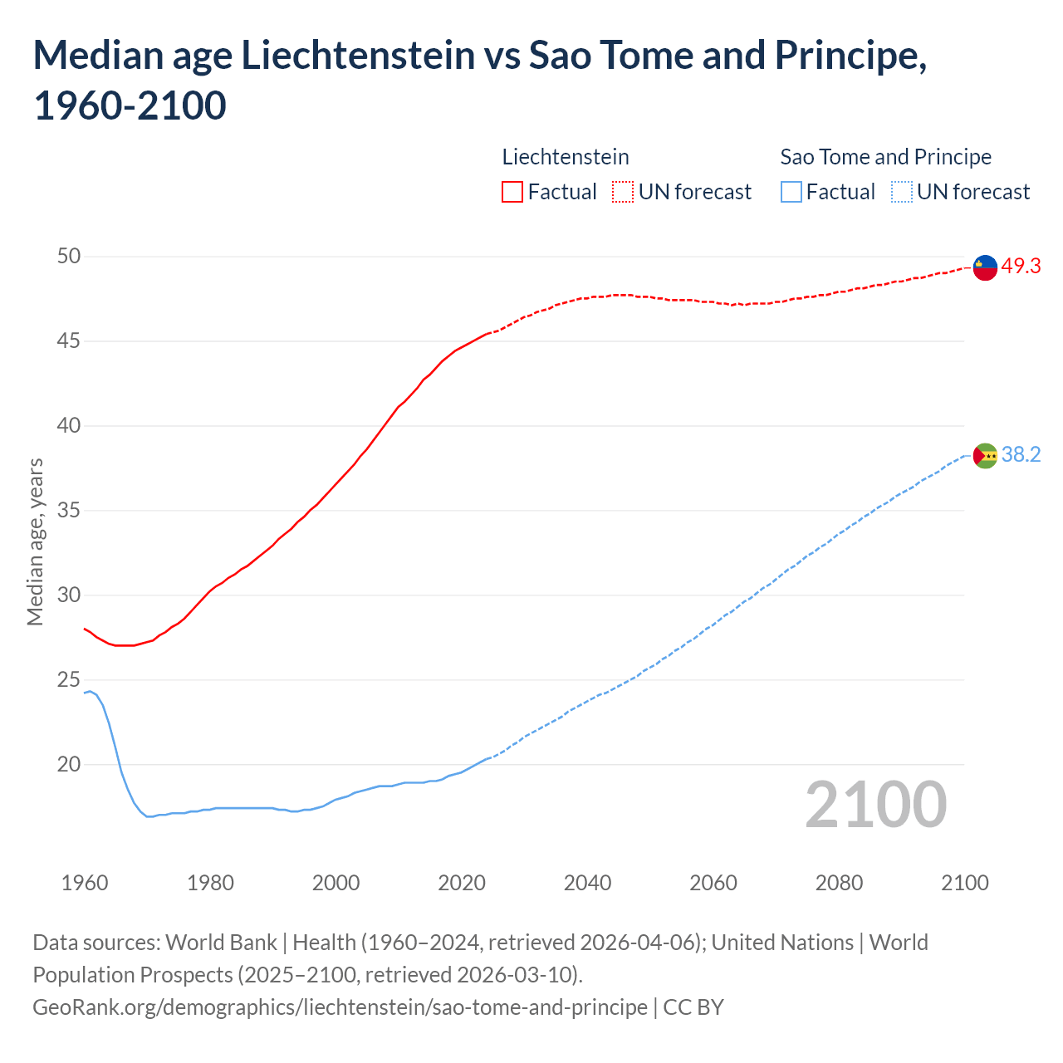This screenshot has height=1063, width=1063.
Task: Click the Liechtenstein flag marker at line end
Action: click(985, 267)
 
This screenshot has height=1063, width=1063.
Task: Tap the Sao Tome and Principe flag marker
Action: click(985, 455)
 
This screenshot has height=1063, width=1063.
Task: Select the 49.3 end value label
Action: click(1021, 267)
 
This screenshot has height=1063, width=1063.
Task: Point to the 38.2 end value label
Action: click(1021, 455)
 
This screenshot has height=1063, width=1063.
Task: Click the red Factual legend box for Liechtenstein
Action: click(512, 192)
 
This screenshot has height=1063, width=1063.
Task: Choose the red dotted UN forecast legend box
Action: click(623, 192)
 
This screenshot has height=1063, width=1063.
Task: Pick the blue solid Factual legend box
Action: click(791, 192)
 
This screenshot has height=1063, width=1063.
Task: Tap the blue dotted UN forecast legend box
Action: click(901, 192)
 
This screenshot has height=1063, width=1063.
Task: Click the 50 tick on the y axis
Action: click(69, 256)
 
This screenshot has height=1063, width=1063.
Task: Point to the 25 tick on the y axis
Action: click(69, 679)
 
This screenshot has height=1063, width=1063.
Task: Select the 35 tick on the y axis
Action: click(69, 510)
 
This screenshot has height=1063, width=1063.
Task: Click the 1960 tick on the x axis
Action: click(85, 882)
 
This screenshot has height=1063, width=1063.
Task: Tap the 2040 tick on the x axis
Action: click(587, 882)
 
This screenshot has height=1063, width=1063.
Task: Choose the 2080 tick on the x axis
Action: click(839, 882)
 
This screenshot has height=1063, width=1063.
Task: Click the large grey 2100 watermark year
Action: click(876, 804)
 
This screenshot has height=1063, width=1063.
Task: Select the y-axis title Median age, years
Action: click(35, 541)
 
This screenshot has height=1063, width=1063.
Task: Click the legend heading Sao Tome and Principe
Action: click(885, 157)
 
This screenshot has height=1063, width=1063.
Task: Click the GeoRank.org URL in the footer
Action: click(340, 1007)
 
